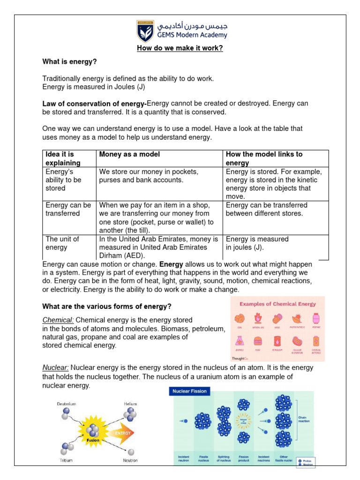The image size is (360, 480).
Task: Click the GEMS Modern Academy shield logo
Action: pyautogui.click(x=144, y=30)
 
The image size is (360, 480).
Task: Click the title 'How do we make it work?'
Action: pyautogui.click(x=180, y=48)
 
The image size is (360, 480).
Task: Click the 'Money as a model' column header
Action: pyautogui.click(x=129, y=154)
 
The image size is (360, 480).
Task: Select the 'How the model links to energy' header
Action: pyautogui.click(x=264, y=158)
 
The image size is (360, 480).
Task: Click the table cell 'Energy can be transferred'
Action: pyautogui.click(x=68, y=209)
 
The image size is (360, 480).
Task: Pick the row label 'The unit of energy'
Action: pyautogui.click(x=62, y=243)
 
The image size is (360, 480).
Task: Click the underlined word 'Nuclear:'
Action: pyautogui.click(x=56, y=368)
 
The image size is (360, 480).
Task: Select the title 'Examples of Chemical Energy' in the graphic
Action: pyautogui.click(x=278, y=304)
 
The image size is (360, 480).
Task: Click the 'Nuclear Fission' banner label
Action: pyautogui.click(x=189, y=391)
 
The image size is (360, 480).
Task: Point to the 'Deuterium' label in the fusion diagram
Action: pyautogui.click(x=66, y=403)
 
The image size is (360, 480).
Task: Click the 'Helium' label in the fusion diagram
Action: pyautogui.click(x=130, y=403)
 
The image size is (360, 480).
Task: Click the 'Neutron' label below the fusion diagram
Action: pyautogui.click(x=130, y=461)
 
